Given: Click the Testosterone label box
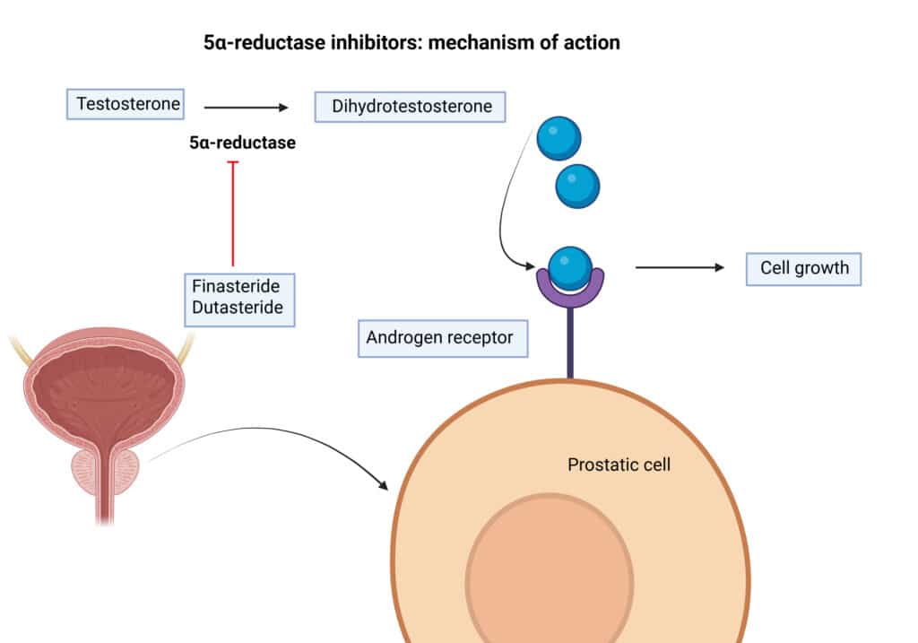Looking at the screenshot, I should (125, 104).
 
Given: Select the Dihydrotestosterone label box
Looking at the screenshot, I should (411, 107).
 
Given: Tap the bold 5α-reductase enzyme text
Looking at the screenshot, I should (242, 143).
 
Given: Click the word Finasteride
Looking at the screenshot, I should (236, 287).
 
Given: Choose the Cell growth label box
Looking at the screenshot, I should (803, 267).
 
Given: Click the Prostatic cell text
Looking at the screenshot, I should (619, 465).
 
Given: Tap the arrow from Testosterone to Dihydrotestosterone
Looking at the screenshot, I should (247, 108).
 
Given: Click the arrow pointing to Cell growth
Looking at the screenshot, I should (679, 267).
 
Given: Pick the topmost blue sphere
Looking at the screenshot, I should (559, 140).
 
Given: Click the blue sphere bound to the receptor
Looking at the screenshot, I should (569, 266).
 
